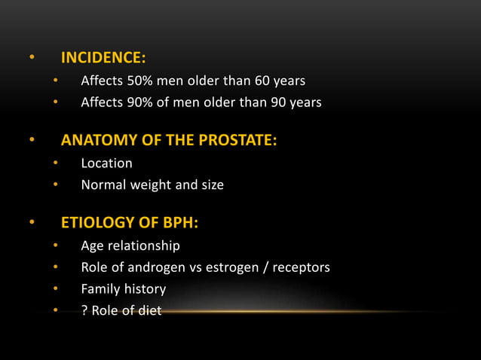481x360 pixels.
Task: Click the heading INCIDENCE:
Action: (x=103, y=57)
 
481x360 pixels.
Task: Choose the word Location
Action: (x=106, y=163)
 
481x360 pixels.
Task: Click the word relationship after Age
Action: (x=146, y=246)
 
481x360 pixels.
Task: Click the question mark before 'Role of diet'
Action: (x=84, y=310)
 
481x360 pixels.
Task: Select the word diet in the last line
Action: (x=149, y=310)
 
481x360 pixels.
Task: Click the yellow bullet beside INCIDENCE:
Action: (x=32, y=57)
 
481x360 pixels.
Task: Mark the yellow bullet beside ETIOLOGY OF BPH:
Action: (x=32, y=223)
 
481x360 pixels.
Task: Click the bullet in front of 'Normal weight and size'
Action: (x=55, y=185)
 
